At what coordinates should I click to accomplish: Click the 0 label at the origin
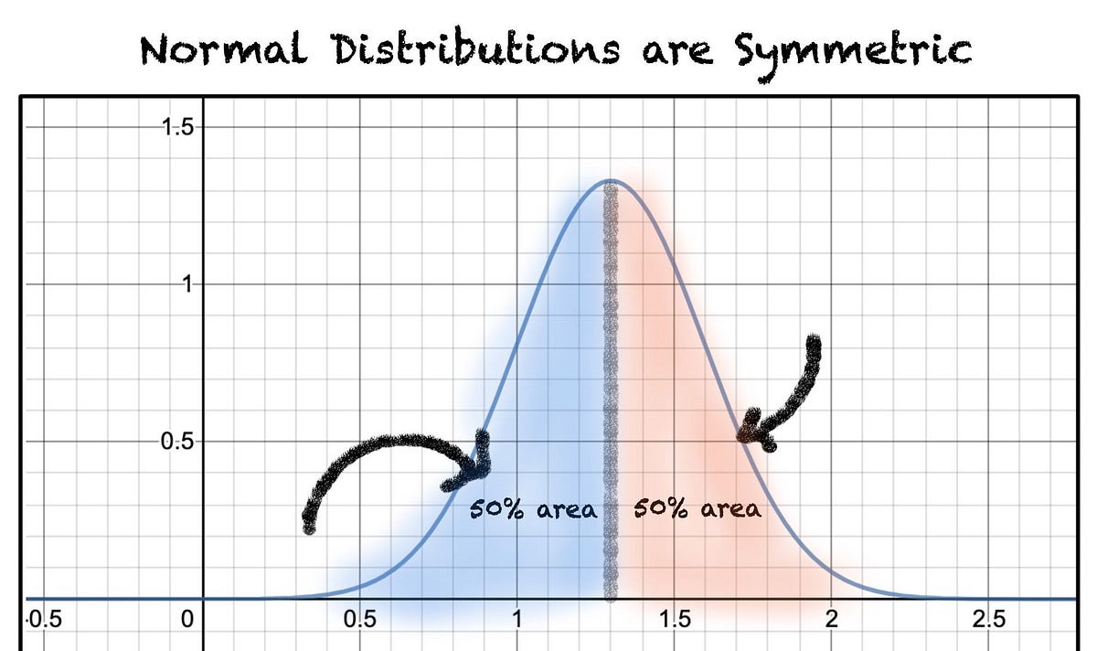pyautogui.click(x=188, y=619)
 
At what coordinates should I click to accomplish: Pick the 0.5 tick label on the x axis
pyautogui.click(x=359, y=619)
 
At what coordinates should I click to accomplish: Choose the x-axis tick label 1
pyautogui.click(x=517, y=619)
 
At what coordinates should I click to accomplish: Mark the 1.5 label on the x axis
pyautogui.click(x=675, y=619)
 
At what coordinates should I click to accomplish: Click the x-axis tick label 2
pyautogui.click(x=832, y=619)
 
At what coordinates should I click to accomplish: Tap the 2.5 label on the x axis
pyautogui.click(x=989, y=619)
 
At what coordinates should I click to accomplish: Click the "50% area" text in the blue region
pyautogui.click(x=533, y=509)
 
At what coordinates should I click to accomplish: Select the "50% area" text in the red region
pyautogui.click(x=698, y=508)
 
